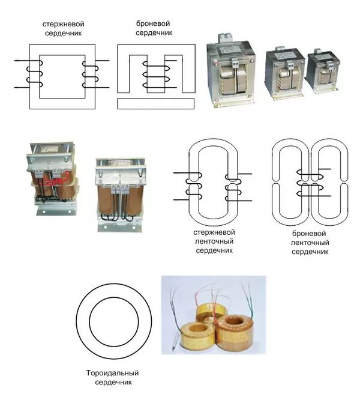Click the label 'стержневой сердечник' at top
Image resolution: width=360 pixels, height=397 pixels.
(62, 28)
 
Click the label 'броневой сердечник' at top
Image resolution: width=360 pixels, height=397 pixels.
(154, 28)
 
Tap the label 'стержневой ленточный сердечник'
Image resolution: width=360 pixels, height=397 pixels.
(214, 240)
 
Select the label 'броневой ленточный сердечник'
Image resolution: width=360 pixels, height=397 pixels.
(310, 241)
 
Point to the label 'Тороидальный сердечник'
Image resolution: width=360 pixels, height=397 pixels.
(113, 377)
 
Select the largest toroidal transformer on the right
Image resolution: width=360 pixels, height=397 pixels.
(238, 332)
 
